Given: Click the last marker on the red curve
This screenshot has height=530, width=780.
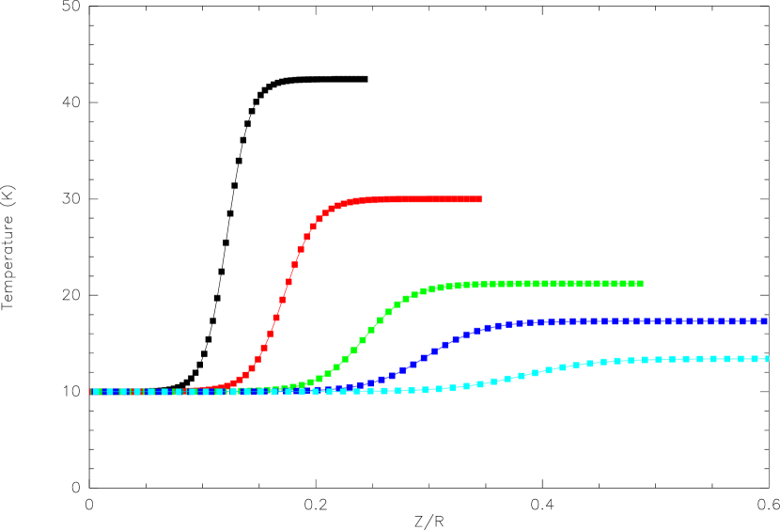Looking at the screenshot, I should (478, 199).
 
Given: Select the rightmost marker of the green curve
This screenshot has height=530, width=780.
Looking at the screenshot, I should (640, 284).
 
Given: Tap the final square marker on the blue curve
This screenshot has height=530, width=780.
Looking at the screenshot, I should (764, 321).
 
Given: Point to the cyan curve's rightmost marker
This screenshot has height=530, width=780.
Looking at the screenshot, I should (767, 359).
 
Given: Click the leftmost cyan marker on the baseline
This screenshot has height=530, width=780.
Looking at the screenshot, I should (96, 392).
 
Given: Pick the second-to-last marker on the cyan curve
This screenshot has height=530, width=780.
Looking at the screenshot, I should (755, 359).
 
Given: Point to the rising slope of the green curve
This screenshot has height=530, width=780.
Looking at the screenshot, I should (363, 340).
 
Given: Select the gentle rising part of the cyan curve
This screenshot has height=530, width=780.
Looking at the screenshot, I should (522, 376).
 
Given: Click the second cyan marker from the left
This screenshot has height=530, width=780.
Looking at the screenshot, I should (109, 392).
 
